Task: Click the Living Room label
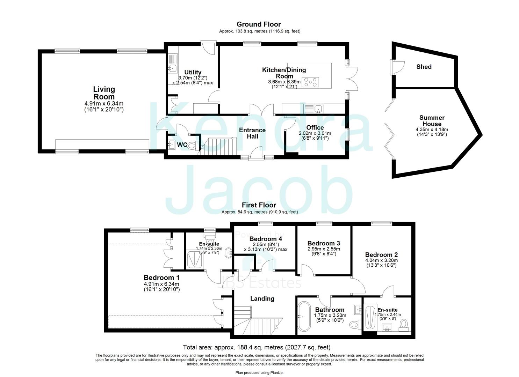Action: [104, 93]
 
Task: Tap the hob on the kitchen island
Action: [310, 82]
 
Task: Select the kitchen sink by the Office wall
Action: [318, 109]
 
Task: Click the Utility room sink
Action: [173, 68]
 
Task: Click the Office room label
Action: [315, 128]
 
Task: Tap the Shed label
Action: [424, 67]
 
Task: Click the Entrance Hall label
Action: [252, 133]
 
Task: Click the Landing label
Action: [262, 299]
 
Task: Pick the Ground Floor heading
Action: [259, 24]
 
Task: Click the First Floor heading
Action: [259, 205]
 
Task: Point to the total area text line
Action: [257, 347]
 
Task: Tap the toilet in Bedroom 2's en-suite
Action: [404, 324]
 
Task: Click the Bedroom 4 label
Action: [266, 239]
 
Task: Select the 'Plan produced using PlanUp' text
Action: [259, 373]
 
